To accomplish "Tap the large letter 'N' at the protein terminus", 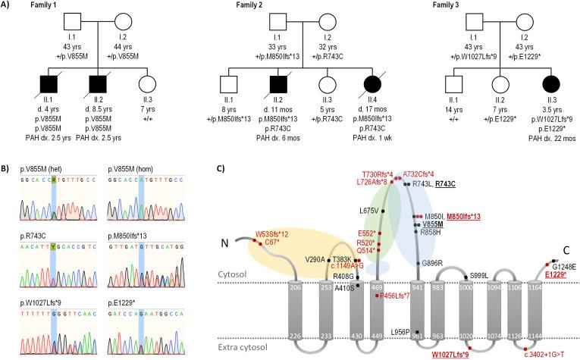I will pos(221,244).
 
